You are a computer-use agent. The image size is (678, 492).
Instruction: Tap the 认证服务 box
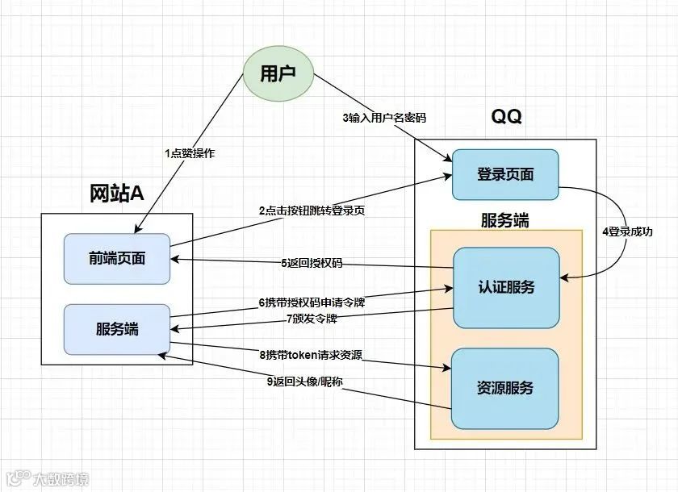[x=506, y=287]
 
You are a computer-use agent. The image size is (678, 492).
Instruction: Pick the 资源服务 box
[x=504, y=388]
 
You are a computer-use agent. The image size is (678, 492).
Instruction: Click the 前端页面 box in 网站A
[x=117, y=259]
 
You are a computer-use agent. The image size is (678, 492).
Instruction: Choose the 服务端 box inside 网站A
[x=117, y=329]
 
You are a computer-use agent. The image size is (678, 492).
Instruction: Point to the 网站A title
[x=117, y=194]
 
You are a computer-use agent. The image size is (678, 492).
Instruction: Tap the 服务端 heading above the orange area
[x=506, y=219]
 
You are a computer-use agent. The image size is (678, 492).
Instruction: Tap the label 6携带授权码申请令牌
[x=311, y=302]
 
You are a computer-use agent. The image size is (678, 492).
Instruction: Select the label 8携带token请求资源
[x=311, y=354]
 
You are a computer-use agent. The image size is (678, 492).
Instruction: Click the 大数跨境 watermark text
[x=61, y=479]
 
